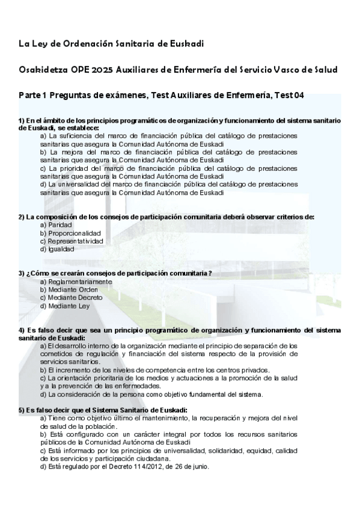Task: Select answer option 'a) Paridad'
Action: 56,225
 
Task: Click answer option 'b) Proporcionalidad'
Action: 70,233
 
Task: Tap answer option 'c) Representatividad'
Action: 72,241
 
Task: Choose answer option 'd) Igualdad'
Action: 57,248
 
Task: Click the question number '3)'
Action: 22,274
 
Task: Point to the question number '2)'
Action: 22,217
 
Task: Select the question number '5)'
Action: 22,410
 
